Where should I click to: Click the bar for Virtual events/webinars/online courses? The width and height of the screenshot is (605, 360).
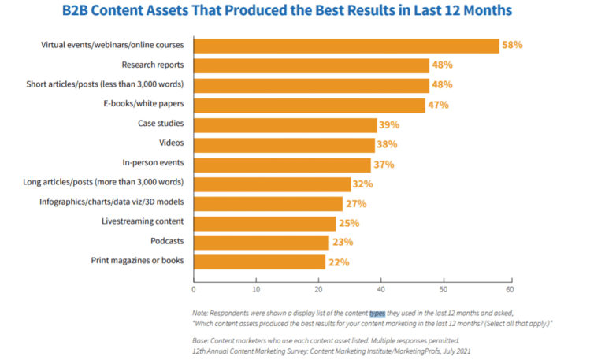click(x=346, y=46)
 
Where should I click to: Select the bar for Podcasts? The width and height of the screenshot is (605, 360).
click(x=261, y=243)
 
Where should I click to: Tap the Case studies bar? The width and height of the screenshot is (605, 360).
click(x=285, y=124)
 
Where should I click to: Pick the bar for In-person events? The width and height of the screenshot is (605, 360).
click(x=282, y=164)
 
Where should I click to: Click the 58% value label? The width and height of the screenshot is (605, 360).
click(x=513, y=46)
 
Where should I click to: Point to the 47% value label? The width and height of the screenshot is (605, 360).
click(x=438, y=105)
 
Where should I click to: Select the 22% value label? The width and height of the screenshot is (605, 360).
click(x=339, y=262)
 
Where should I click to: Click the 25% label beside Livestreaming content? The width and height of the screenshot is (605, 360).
click(x=349, y=223)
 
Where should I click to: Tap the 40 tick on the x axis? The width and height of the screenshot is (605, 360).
click(x=381, y=279)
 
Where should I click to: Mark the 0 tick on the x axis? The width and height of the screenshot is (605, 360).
click(x=194, y=279)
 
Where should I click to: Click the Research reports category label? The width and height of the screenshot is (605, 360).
click(x=153, y=65)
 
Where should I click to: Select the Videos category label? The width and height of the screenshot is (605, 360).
click(x=171, y=143)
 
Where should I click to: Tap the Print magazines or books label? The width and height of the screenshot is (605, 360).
click(x=137, y=262)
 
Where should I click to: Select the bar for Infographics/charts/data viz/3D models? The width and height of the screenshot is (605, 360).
click(x=268, y=203)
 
